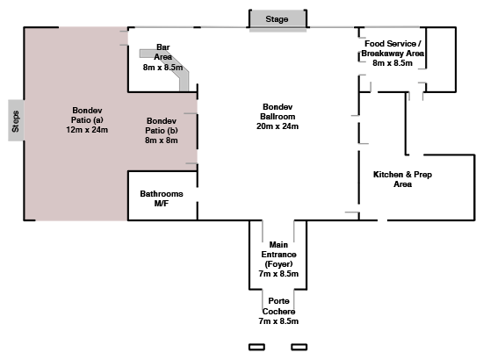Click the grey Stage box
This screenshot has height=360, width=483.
point(278,18)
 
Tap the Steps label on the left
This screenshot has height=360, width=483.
point(16,121)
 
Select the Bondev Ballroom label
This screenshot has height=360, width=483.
point(278,112)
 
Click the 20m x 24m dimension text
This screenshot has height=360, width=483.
point(278,126)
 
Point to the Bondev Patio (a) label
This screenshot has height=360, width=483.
point(87,115)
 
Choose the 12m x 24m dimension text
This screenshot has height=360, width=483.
point(87,130)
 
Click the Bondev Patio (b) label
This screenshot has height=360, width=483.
point(162,126)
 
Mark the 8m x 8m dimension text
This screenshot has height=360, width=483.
point(162,140)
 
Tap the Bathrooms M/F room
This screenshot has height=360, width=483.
point(162,196)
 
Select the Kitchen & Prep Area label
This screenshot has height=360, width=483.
point(402,179)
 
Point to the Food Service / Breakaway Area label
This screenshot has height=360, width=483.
point(393,48)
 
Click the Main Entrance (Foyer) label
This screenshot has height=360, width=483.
point(278,255)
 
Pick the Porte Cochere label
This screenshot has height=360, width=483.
point(278,306)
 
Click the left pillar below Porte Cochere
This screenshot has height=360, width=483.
point(256,347)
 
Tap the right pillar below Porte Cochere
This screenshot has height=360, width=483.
point(299,347)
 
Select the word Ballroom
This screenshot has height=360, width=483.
point(278,117)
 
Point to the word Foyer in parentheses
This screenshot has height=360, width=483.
point(278,264)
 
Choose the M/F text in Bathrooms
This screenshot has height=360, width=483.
point(162,204)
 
